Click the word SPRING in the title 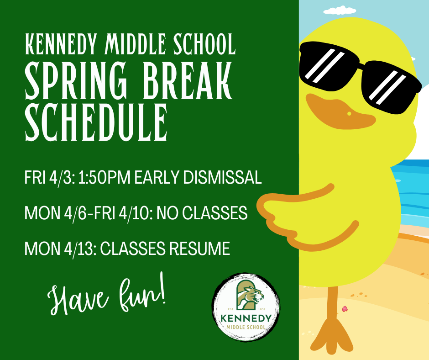pyautogui.click(x=76, y=80)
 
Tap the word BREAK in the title pyautogui.click(x=188, y=80)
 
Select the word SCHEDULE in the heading pyautogui.click(x=96, y=122)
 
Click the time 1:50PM pyautogui.click(x=104, y=177)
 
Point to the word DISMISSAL pyautogui.click(x=222, y=177)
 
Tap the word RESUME pyautogui.click(x=199, y=249)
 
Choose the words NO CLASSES pyautogui.click(x=202, y=213)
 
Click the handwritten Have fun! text pyautogui.click(x=107, y=296)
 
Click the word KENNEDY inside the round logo pyautogui.click(x=246, y=318)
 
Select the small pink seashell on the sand pyautogui.click(x=345, y=309)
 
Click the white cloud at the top pyautogui.click(x=340, y=10)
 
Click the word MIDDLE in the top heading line pyautogui.click(x=136, y=44)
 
